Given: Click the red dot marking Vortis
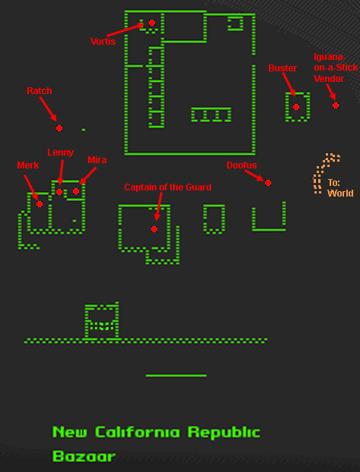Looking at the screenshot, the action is click(x=152, y=23).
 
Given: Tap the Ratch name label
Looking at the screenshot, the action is click(x=39, y=90).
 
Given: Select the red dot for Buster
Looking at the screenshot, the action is click(x=296, y=107).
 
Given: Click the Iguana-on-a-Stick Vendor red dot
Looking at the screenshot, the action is click(x=336, y=105).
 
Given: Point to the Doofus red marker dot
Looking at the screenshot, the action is click(x=268, y=183).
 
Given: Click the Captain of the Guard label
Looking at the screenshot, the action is click(x=168, y=187).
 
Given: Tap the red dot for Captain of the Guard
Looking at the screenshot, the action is click(x=154, y=229).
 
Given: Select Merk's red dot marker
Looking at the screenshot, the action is click(x=39, y=204).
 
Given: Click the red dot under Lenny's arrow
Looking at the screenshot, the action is click(x=59, y=192).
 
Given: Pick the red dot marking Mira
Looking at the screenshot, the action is click(x=76, y=191).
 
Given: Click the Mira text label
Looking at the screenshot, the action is click(x=97, y=160).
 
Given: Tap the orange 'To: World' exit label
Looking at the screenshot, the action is click(x=340, y=188).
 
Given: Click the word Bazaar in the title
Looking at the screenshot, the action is click(x=84, y=456).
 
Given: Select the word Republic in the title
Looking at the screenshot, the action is click(x=224, y=433).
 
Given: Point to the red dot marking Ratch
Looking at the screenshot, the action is click(x=59, y=128).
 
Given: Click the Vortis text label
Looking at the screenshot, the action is click(x=103, y=41).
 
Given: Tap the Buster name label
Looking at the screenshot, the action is click(x=283, y=68).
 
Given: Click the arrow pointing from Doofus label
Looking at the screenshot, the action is click(x=255, y=175).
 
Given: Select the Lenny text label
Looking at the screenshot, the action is click(x=61, y=153).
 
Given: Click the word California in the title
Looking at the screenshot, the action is click(x=137, y=433).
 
